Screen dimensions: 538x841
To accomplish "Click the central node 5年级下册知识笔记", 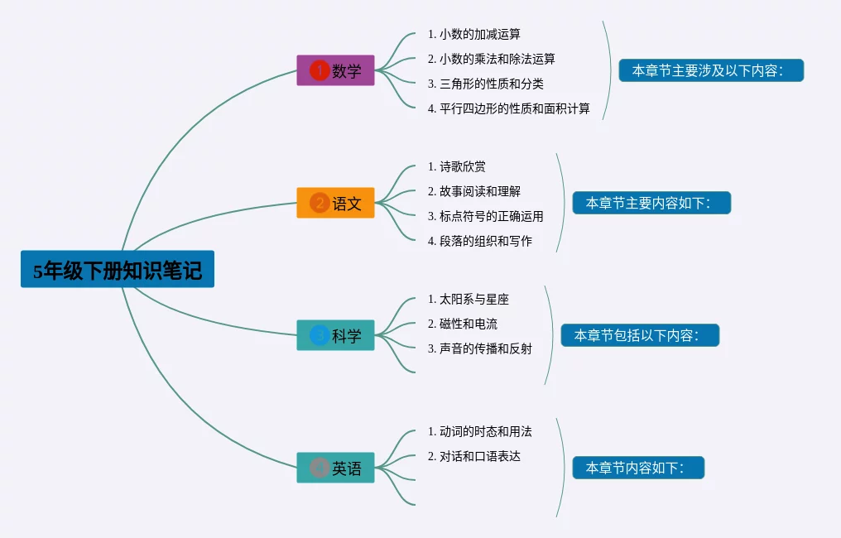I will point(118,270).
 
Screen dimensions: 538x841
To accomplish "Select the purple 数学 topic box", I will point(335,70).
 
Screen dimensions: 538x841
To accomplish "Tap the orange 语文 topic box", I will point(335,203).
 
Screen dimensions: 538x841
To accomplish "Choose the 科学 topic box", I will point(335,335).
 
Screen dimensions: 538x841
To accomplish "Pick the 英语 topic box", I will point(335,468).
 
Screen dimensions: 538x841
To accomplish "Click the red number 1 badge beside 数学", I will point(320,70).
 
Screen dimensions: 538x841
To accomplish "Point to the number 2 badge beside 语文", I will point(320,203).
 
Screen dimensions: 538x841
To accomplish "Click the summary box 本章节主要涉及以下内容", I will point(711,70).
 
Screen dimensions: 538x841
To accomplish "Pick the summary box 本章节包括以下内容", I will point(640,335).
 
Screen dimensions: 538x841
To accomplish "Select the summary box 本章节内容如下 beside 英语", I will point(638,468).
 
